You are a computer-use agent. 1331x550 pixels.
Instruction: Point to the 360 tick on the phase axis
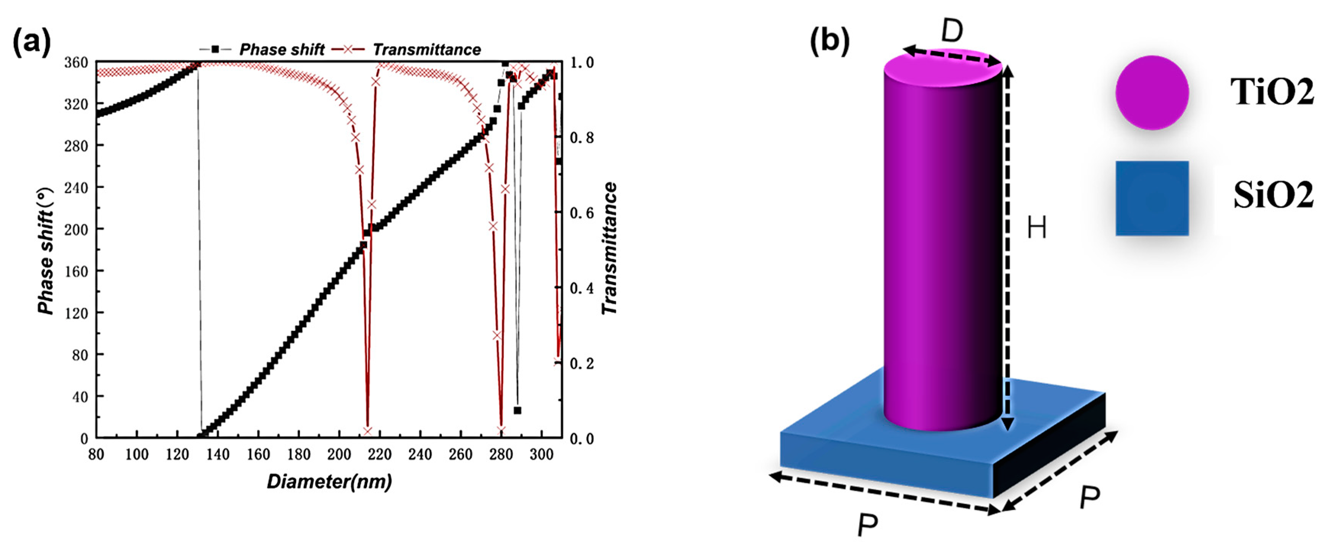click(76, 63)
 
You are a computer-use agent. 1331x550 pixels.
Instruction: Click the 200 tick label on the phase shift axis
click(76, 229)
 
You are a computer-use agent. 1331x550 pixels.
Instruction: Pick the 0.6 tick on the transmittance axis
click(582, 213)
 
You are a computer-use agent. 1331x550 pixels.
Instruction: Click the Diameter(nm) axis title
click(329, 482)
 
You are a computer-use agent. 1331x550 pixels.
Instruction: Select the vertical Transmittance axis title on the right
click(610, 248)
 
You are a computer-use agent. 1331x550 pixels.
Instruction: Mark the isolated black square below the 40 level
click(517, 410)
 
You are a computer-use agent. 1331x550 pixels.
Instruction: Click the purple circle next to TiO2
click(1152, 93)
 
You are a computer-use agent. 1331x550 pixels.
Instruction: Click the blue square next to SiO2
click(1152, 198)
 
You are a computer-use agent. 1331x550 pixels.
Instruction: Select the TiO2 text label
click(1271, 93)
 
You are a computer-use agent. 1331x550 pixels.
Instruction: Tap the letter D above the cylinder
click(952, 31)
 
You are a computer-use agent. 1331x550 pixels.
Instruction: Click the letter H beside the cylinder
click(1036, 227)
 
